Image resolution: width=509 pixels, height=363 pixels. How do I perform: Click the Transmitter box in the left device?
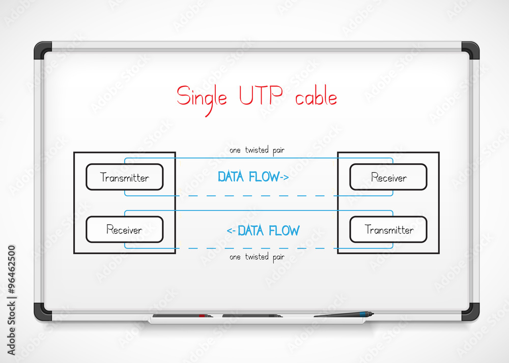pos(125,177)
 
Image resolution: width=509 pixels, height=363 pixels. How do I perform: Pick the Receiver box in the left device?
pos(125,229)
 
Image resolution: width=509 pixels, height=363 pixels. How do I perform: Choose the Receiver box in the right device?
pos(388,177)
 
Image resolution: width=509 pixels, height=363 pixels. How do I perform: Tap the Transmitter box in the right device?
pos(388,229)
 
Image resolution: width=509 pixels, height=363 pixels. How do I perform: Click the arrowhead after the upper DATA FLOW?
pos(285,177)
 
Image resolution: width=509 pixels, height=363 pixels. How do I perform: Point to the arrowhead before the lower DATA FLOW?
pos(231,231)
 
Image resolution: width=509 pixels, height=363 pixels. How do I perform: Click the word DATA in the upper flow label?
pos(231,176)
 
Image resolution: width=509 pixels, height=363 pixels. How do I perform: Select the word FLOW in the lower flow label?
pos(284,230)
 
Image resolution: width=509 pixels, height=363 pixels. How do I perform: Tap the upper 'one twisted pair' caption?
pos(257,150)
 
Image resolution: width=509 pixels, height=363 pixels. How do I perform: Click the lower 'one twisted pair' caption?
pos(257,257)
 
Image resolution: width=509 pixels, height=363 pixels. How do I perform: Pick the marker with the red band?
pos(183,316)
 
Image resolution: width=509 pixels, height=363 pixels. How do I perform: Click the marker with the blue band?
pos(344,314)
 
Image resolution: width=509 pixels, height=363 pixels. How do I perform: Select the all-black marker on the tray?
pos(252,316)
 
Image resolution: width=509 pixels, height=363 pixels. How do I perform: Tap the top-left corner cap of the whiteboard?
pos(43,50)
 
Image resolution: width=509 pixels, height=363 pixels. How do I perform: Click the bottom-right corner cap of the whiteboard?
pos(470,312)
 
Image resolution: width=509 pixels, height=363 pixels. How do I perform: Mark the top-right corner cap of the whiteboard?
pos(470,50)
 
